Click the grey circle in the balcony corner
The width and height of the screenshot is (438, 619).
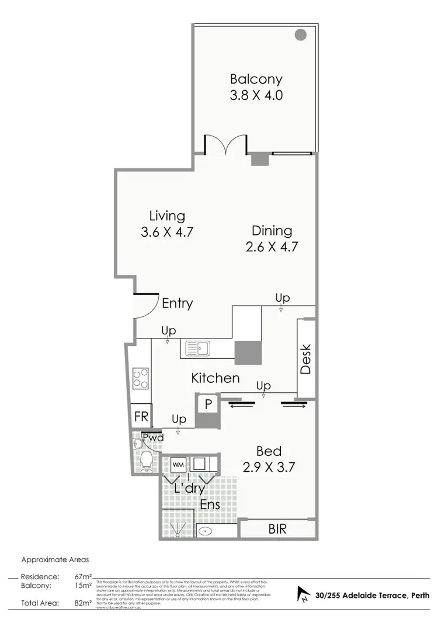tap(301, 34)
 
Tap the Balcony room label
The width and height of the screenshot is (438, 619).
tap(256, 79)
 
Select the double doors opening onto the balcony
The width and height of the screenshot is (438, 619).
tap(225, 144)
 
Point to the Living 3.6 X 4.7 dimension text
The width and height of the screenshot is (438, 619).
tap(167, 231)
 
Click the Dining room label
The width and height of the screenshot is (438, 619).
tap(272, 230)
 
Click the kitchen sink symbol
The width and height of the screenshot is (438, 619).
tap(198, 349)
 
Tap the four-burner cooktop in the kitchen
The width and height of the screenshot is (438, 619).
tap(140, 378)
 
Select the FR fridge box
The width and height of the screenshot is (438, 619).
tap(141, 417)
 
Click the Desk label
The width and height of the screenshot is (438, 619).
tap(305, 359)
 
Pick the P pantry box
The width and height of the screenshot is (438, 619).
tap(207, 404)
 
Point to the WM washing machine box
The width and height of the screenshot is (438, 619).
tap(179, 465)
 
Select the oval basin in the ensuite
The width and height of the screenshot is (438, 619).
tap(206, 531)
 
